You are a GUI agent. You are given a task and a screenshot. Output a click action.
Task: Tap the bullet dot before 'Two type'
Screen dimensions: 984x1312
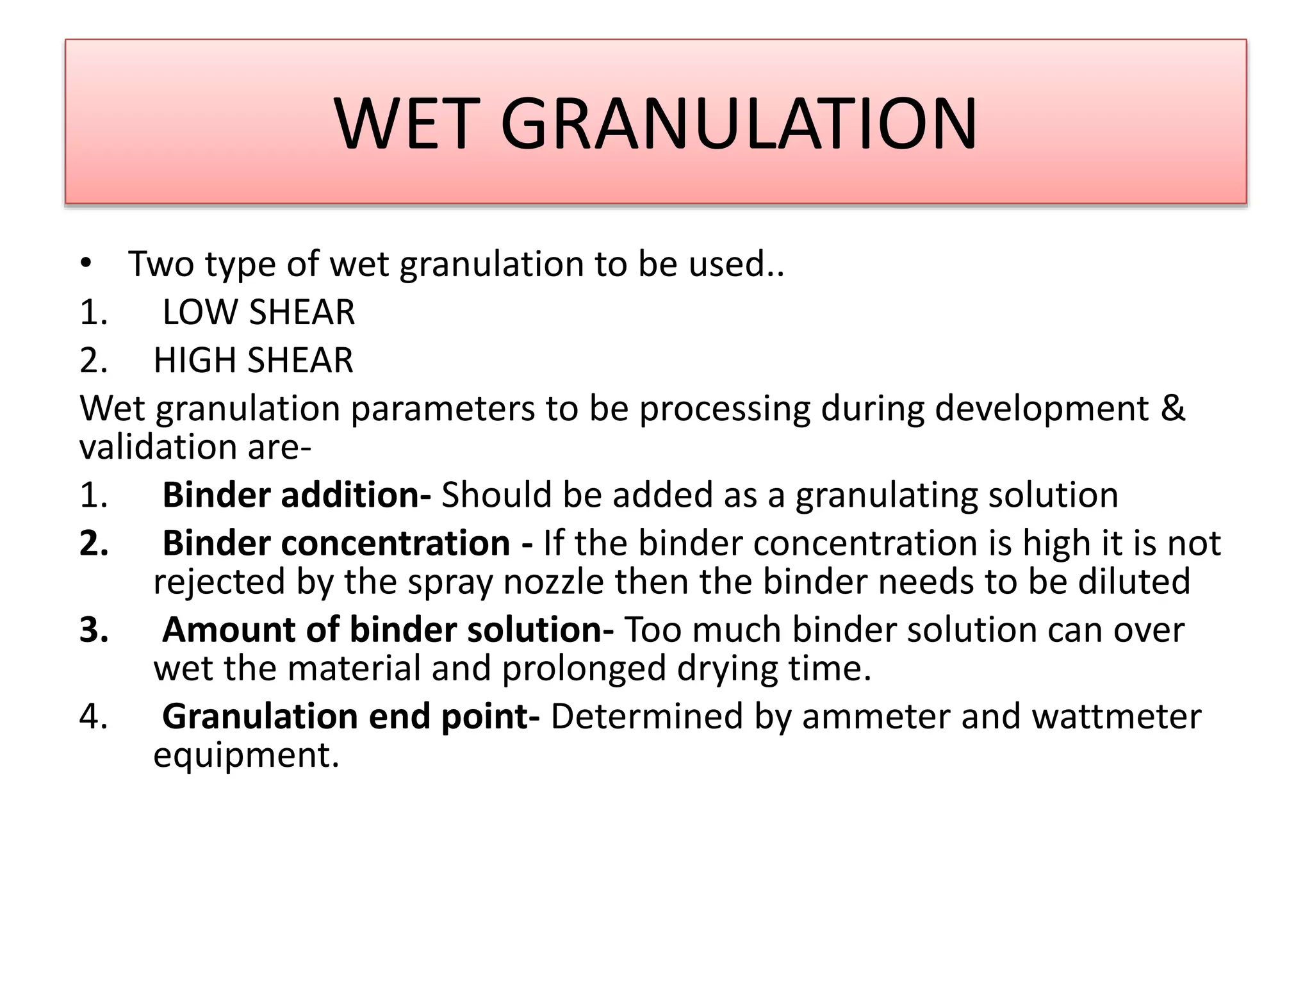pyautogui.click(x=86, y=263)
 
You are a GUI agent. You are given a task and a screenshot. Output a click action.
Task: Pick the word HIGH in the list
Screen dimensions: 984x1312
pyautogui.click(x=195, y=360)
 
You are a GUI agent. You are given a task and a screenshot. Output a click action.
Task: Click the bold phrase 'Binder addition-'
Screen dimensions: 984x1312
pyautogui.click(x=297, y=495)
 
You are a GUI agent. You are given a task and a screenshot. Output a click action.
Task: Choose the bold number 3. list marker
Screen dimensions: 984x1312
pyautogui.click(x=94, y=630)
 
